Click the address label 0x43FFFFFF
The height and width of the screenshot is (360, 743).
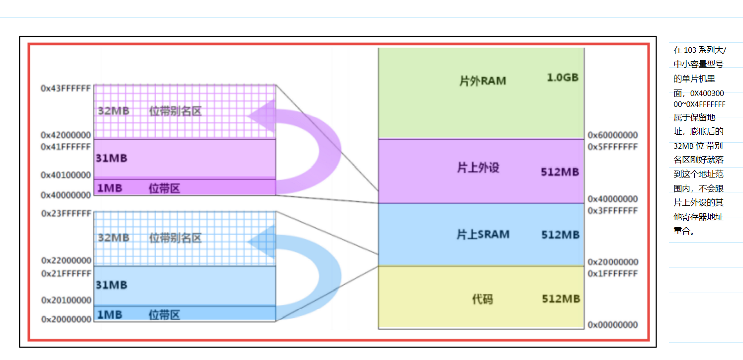click(x=66, y=88)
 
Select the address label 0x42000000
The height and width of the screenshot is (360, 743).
click(x=66, y=135)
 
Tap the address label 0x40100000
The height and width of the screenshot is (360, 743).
click(x=66, y=175)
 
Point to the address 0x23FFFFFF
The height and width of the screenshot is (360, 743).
click(x=66, y=213)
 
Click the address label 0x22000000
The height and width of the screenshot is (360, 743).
click(x=66, y=261)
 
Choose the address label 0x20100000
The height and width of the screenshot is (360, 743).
click(x=66, y=300)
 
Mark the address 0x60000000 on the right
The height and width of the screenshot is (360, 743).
click(x=612, y=135)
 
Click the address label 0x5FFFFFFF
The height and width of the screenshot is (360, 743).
click(x=612, y=147)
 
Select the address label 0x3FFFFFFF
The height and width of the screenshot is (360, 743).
click(x=612, y=211)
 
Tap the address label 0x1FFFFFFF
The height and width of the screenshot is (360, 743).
click(x=612, y=273)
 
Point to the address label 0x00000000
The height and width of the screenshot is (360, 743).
click(x=612, y=325)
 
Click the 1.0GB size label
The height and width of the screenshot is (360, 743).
click(x=563, y=78)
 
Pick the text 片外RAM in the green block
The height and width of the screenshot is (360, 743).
click(x=482, y=81)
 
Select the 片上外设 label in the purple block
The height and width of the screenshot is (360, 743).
click(x=478, y=168)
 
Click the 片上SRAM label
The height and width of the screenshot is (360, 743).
click(x=483, y=234)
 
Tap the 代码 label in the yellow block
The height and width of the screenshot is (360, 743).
click(x=482, y=299)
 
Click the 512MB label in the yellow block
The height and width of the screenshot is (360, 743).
click(x=561, y=299)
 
